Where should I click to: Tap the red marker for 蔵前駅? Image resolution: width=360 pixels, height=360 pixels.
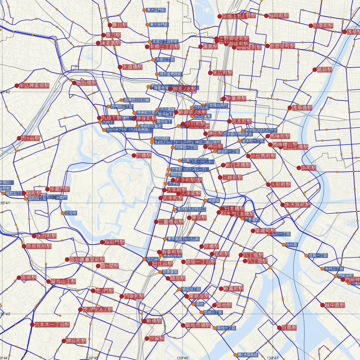tap(314, 70)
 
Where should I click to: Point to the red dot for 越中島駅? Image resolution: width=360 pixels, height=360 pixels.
tap(322, 305)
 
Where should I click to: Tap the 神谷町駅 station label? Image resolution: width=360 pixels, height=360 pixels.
tap(76, 341)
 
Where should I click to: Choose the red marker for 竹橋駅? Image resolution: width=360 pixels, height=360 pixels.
tap(134, 155)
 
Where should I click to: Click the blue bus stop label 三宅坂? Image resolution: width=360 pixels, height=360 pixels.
tap(71, 213)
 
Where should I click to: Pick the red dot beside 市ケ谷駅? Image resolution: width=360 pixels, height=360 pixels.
tap(19, 139)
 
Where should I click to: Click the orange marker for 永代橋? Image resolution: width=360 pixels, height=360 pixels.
tap(283, 245)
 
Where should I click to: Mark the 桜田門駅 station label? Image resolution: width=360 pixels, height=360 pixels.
tap(114, 242)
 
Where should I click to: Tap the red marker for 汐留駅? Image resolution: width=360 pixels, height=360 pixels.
tap(147, 338)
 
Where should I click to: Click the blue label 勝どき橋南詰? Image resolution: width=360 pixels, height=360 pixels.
tap(247, 355)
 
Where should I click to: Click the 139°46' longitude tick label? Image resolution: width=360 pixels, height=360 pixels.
tap(183, 358)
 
